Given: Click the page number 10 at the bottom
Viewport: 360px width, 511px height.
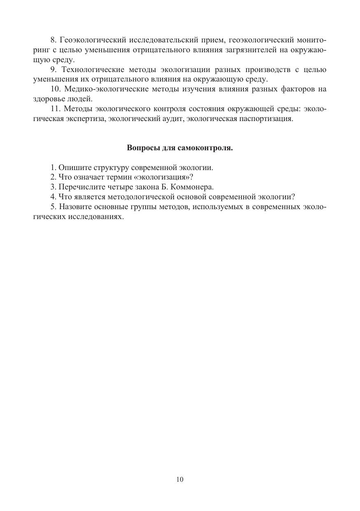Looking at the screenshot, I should click(180, 479).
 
